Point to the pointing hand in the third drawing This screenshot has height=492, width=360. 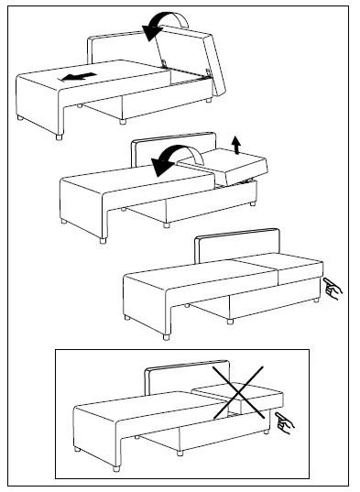tap(333, 291)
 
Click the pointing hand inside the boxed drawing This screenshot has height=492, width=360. tap(286, 422)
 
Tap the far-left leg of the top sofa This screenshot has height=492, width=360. tap(21, 119)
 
